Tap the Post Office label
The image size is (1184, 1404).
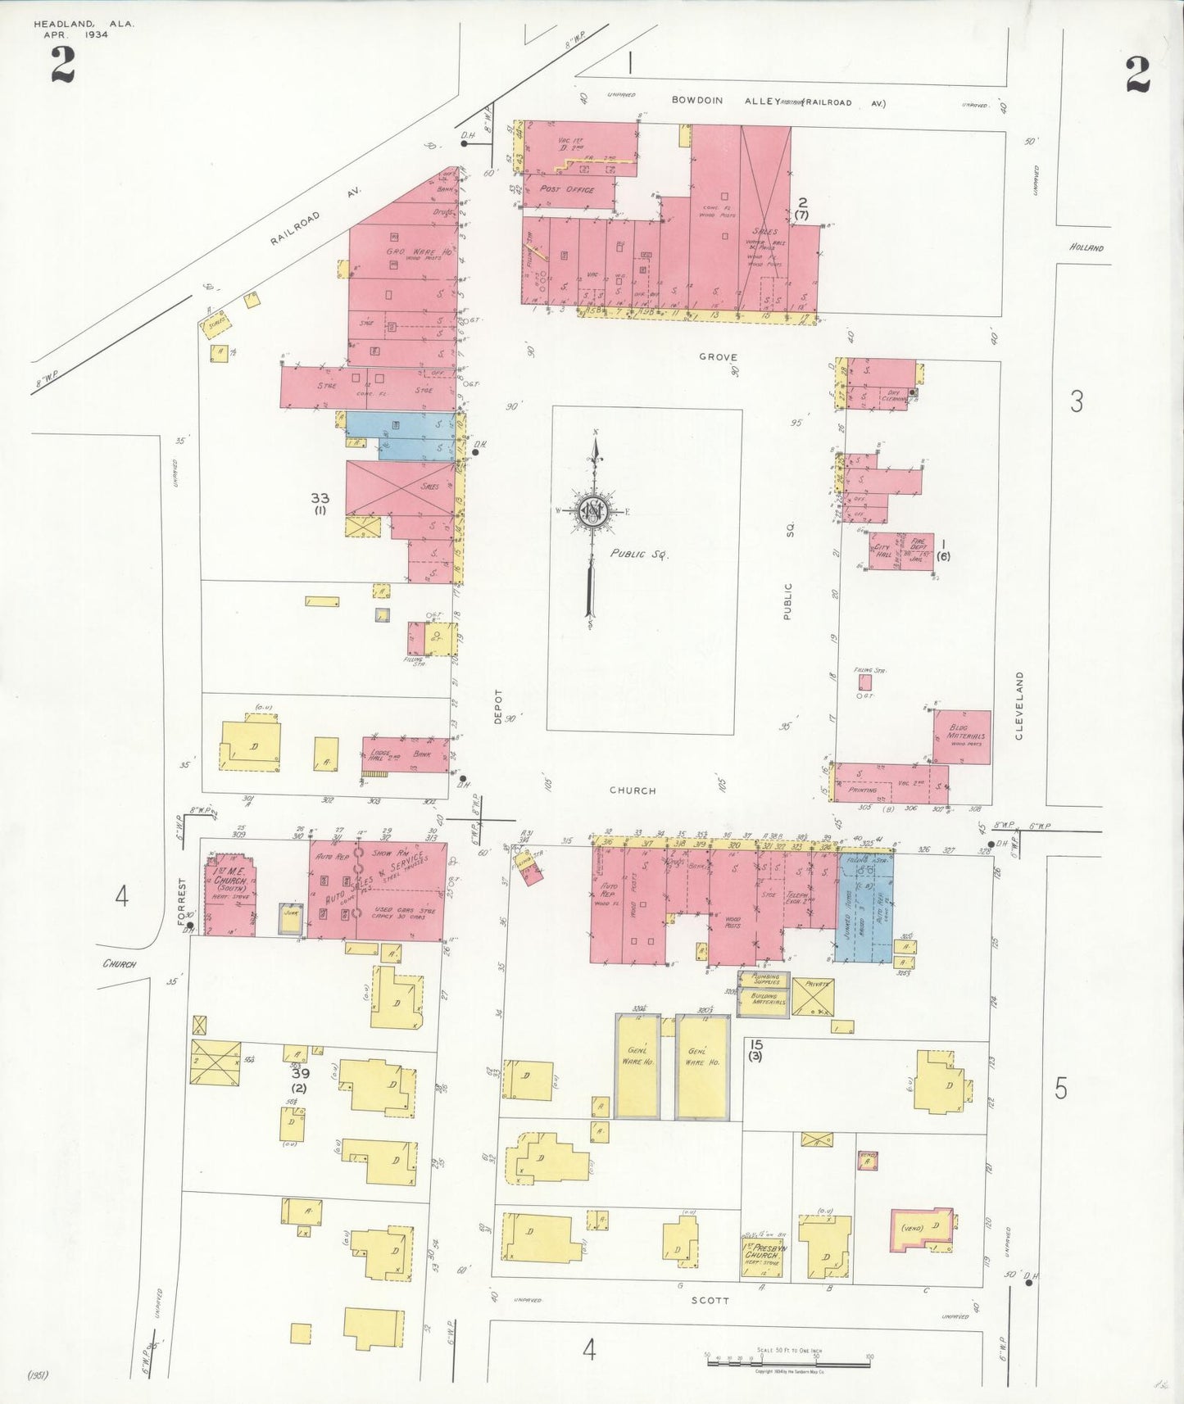click(567, 189)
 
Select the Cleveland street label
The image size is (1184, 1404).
click(1020, 706)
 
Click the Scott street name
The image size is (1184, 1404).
click(710, 1300)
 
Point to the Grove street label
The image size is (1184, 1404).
click(718, 357)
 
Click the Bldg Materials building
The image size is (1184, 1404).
click(962, 736)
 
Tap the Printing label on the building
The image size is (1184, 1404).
click(863, 790)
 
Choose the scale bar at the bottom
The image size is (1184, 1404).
click(788, 1364)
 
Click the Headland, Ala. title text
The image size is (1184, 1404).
click(84, 25)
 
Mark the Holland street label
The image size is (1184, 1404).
click(1086, 247)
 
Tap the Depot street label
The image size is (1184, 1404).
click(497, 706)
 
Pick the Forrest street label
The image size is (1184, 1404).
click(182, 901)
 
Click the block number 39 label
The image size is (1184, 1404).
click(300, 1072)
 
